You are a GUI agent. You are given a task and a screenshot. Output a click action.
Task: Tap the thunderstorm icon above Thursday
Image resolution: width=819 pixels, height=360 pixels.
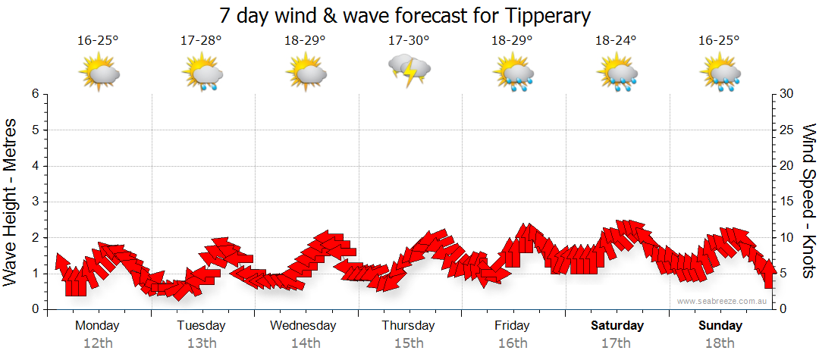(409, 71)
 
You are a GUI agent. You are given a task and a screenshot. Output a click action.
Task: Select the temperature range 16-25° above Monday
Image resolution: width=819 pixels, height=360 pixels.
(98, 40)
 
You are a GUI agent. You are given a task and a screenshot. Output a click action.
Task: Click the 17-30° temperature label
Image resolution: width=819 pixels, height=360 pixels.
(409, 40)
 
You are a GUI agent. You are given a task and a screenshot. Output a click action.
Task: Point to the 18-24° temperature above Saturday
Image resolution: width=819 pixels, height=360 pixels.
(616, 40)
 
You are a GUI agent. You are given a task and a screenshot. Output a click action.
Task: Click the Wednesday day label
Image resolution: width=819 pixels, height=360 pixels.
(303, 326)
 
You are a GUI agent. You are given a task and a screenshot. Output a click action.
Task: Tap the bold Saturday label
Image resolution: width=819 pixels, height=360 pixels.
(617, 326)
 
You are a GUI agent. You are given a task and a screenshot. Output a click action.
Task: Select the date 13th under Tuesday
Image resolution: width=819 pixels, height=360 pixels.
(202, 343)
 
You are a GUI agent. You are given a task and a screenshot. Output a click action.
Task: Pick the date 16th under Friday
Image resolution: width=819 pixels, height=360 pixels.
(513, 343)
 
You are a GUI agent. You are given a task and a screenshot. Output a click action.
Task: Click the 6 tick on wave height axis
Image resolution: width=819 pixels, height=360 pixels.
(35, 94)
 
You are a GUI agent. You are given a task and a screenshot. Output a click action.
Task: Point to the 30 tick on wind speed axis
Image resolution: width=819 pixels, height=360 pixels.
(788, 94)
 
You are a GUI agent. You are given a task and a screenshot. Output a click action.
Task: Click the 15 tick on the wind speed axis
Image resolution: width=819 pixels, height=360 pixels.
(788, 202)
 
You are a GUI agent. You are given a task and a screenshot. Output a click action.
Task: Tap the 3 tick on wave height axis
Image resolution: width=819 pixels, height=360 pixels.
(35, 202)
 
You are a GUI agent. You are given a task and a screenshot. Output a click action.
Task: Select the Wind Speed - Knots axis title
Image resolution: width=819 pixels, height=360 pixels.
(808, 202)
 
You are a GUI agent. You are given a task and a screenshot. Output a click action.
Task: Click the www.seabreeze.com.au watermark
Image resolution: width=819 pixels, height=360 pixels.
(723, 301)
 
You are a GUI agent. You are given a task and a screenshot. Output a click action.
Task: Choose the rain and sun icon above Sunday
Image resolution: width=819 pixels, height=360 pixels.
(720, 74)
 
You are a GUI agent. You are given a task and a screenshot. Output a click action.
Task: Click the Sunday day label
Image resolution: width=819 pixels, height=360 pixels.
(720, 326)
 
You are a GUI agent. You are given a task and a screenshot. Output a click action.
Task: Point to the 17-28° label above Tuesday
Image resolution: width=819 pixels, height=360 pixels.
(202, 40)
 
